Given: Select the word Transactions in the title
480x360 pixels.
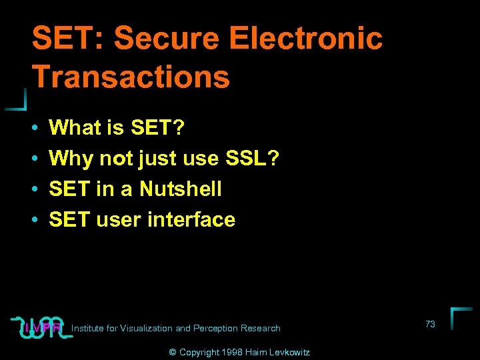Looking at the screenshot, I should [131, 77].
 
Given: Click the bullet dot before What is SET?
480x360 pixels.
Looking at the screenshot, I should [34, 127].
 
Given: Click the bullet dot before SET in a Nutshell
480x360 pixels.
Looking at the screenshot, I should [34, 189].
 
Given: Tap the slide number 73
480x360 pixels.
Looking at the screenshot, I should [430, 324].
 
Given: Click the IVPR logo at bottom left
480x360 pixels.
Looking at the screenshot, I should [41, 327].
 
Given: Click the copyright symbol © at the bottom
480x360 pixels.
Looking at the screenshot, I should [173, 352].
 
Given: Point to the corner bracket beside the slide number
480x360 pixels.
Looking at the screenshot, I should [460, 317].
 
